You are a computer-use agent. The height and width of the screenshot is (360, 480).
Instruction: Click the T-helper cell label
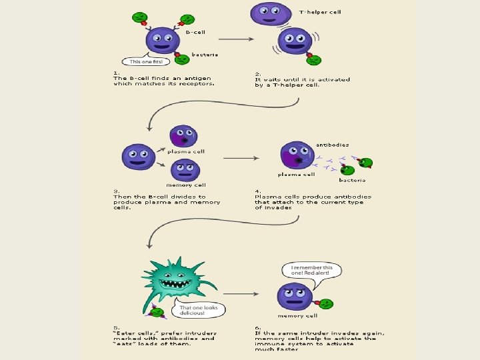click(320, 12)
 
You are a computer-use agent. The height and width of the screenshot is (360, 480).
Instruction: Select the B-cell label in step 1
click(195, 31)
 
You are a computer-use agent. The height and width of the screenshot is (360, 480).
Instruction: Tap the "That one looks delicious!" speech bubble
click(198, 311)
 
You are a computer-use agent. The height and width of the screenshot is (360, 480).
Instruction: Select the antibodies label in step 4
click(332, 145)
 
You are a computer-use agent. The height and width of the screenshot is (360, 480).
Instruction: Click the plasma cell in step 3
click(181, 137)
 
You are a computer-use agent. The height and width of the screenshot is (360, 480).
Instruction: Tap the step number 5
click(115, 327)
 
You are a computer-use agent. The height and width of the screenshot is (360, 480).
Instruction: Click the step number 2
click(257, 73)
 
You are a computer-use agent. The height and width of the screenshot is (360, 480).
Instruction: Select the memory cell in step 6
click(295, 296)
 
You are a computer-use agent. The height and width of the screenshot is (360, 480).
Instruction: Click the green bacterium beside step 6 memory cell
click(326, 303)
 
